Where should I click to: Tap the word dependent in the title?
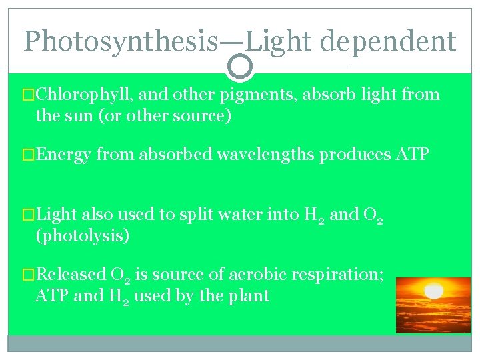[388, 41]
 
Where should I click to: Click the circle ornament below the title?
[240, 66]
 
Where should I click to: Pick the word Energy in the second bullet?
[64, 155]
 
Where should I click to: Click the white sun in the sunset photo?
[434, 291]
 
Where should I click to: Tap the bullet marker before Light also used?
[28, 215]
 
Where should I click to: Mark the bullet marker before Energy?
[28, 155]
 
